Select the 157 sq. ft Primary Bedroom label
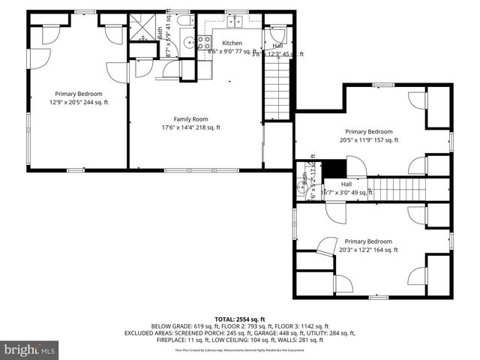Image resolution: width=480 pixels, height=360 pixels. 368,132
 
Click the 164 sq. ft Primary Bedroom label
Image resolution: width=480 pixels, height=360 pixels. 368,241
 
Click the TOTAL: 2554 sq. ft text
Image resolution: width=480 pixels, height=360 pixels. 240,319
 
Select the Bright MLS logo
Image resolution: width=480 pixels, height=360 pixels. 29,349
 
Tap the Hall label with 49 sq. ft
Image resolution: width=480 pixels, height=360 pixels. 346,184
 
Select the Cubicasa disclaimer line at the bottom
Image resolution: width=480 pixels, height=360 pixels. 240,349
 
